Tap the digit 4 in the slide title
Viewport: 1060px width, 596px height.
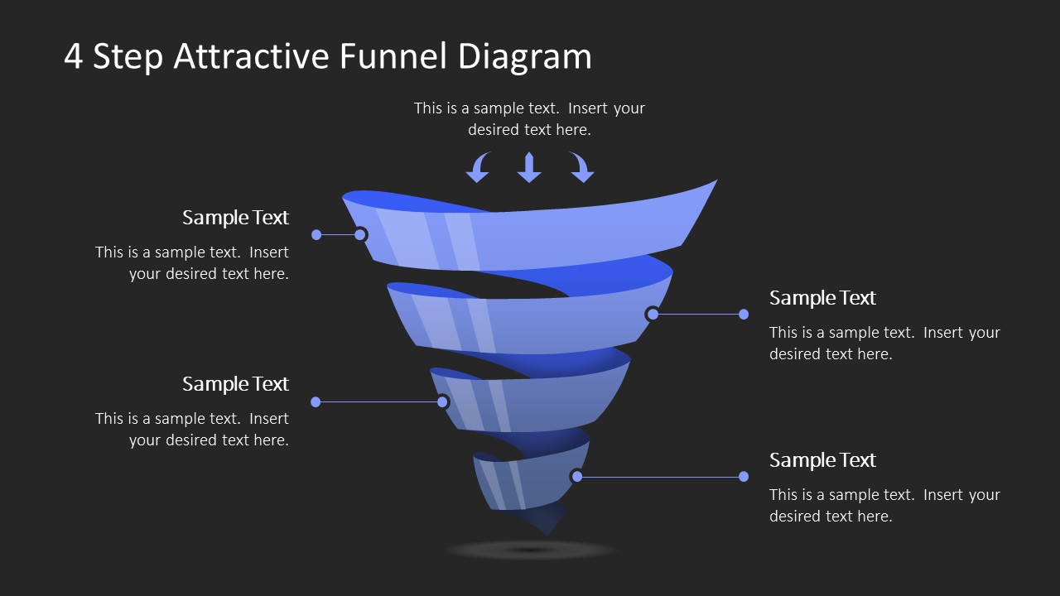pos(74,57)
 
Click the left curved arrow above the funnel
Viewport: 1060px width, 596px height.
pos(479,167)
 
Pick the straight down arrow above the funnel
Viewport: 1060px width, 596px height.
pos(529,167)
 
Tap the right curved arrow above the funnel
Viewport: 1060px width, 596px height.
pos(581,167)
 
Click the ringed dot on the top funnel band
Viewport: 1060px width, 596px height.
pos(360,235)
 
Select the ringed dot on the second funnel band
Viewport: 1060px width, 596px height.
pos(653,314)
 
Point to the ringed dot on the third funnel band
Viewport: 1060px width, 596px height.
pos(442,402)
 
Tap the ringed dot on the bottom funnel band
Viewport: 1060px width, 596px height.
pos(576,476)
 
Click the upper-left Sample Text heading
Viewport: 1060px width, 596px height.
pos(235,218)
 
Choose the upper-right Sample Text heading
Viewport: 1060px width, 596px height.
pos(822,298)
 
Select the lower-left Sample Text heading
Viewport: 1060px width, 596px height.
pos(235,384)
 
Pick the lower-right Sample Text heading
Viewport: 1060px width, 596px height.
pos(822,460)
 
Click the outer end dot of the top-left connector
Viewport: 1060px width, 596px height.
pos(316,235)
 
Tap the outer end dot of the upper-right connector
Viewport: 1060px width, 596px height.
pos(744,314)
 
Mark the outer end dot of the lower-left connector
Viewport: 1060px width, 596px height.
pos(316,402)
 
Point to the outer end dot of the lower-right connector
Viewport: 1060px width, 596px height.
pos(744,476)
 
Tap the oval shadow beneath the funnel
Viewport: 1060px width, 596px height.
pos(530,550)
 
